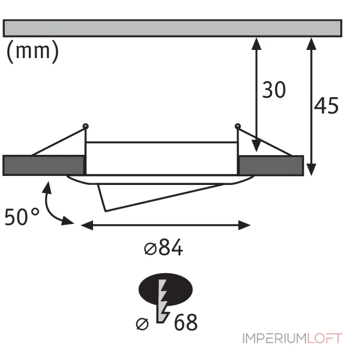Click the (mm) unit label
point(32,51)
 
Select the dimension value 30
point(274,90)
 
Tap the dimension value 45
point(326,106)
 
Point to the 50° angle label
point(22,217)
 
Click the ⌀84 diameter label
point(163,247)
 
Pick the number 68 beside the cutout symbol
point(186,322)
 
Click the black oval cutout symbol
point(166,289)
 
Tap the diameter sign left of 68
point(142,324)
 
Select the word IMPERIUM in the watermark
point(274,338)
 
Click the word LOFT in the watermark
point(324,338)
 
